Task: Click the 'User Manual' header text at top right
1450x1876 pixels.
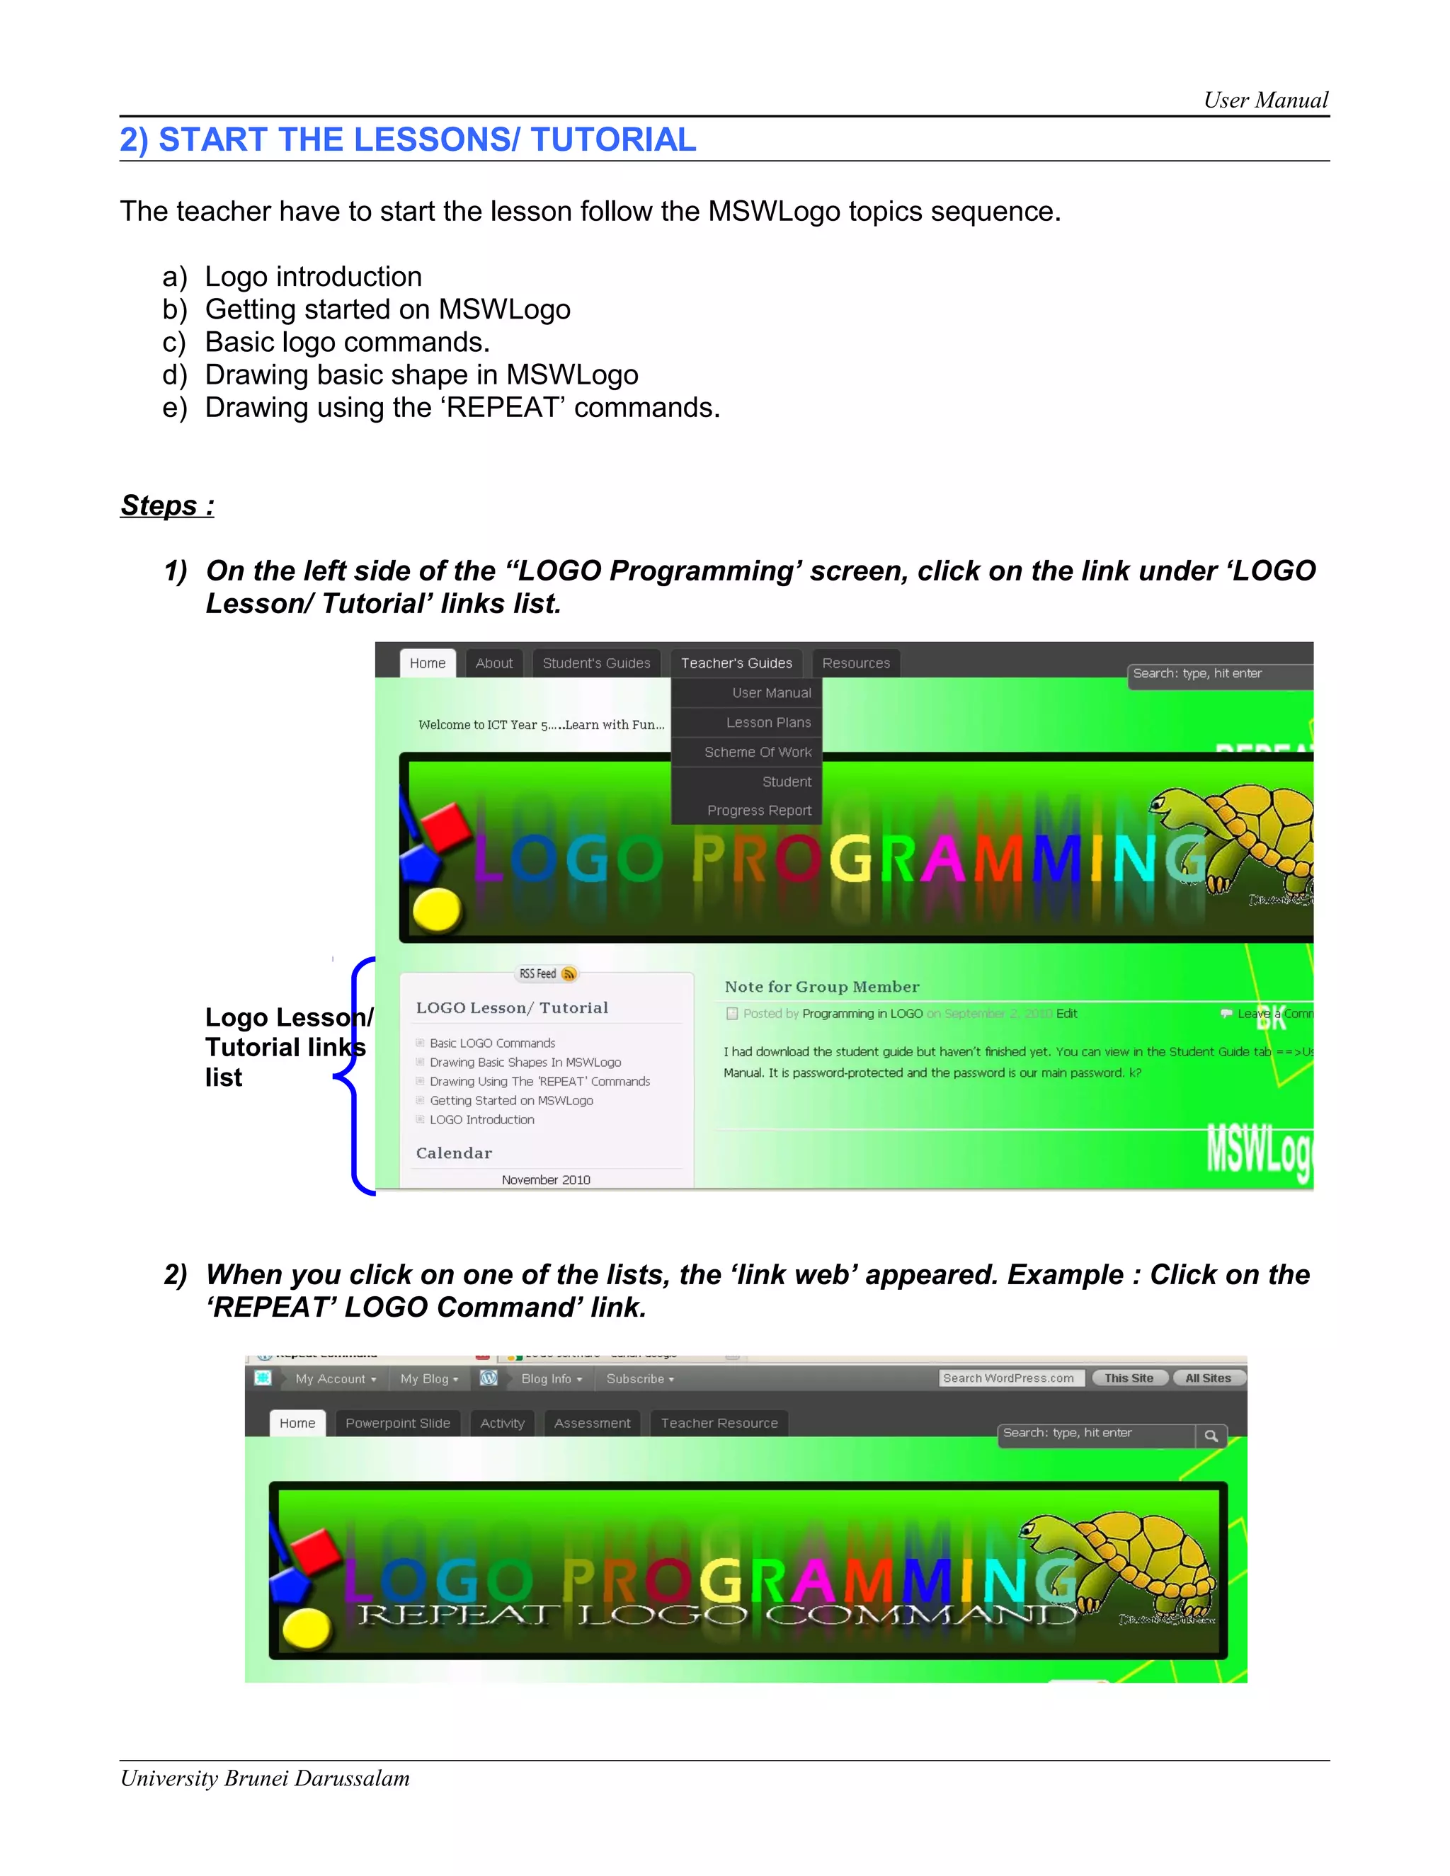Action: (x=1265, y=101)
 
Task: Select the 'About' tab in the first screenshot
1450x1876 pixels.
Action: (x=494, y=663)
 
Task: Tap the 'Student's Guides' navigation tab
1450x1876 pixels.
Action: (x=596, y=663)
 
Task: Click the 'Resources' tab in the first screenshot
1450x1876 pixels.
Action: (x=855, y=663)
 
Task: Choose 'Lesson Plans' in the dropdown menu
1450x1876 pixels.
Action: (x=768, y=722)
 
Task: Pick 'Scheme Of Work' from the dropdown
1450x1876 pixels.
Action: (x=758, y=752)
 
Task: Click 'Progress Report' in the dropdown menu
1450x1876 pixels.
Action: (x=758, y=810)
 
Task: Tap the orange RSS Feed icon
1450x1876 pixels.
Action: (x=568, y=973)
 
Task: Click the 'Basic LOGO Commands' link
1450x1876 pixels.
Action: (x=492, y=1043)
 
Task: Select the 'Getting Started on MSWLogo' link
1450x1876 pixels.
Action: (x=511, y=1100)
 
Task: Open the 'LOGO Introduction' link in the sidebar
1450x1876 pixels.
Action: (x=482, y=1119)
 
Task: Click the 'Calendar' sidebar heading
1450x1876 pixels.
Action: (x=455, y=1153)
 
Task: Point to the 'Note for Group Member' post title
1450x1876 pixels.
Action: (x=821, y=987)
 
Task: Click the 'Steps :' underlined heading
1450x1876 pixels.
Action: (x=168, y=505)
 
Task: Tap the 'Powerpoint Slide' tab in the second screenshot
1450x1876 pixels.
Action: (x=398, y=1424)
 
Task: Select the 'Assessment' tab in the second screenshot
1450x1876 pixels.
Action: (x=592, y=1424)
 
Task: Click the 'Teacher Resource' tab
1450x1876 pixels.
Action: (x=719, y=1424)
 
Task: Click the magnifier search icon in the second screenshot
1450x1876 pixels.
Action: (x=1211, y=1436)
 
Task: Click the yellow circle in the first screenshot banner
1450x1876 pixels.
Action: (x=436, y=909)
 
